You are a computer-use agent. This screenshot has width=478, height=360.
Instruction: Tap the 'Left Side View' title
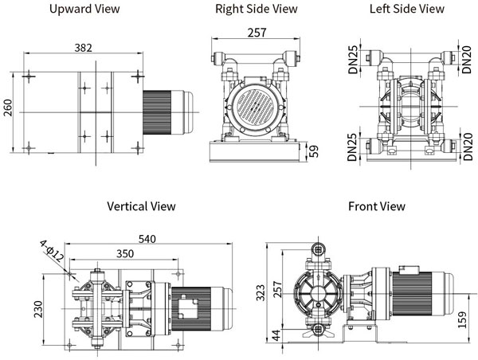(x=407, y=10)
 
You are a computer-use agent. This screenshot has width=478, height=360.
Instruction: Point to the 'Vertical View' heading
(x=142, y=206)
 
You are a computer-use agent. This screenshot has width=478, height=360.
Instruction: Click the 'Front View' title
(x=377, y=206)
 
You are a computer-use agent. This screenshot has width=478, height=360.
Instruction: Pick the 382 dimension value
(x=83, y=48)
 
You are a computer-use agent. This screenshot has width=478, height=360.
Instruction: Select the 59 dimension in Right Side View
(x=313, y=151)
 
